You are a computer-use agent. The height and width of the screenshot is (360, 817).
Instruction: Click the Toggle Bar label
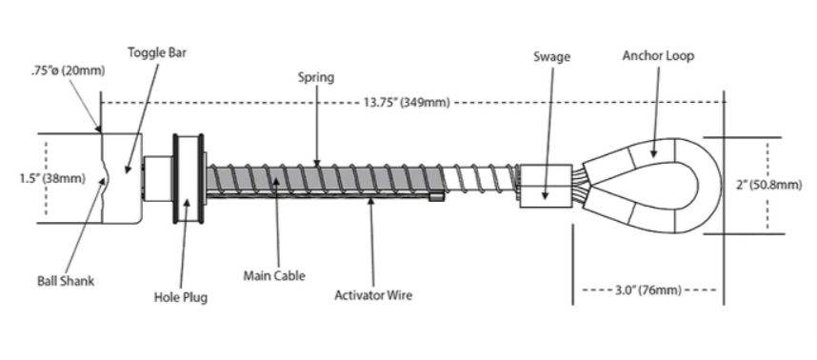pos(157,52)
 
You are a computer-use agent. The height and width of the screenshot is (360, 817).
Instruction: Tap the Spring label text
pos(316,78)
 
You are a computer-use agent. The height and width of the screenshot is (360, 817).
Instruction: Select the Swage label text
pos(551,57)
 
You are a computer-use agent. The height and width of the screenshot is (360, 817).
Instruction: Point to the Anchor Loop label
pos(658,56)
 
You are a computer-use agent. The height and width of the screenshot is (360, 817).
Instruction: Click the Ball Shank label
pos(66,281)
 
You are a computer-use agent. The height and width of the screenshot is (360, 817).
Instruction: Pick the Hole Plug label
pos(181,297)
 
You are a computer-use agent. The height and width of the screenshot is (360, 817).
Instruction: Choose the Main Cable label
pos(274,275)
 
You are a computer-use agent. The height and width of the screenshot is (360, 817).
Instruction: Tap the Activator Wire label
pos(373,295)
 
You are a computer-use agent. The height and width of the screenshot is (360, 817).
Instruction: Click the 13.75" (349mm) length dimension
pos(407,103)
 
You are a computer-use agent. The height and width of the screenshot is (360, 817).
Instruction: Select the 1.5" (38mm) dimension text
pos(52,179)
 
